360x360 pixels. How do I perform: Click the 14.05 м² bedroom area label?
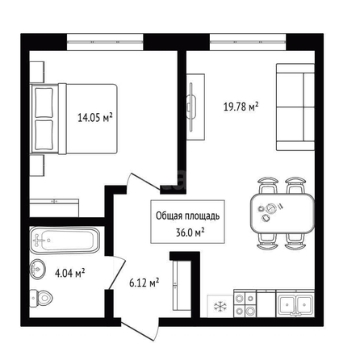click(95, 118)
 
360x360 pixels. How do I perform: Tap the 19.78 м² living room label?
click(241, 107)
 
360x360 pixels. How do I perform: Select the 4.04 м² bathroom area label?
click(70, 273)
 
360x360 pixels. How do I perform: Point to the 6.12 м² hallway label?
click(144, 283)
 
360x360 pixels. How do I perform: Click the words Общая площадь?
click(187, 216)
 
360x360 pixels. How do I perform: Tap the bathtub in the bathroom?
click(65, 241)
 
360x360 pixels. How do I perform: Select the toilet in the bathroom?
click(41, 298)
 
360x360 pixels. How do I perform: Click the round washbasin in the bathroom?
click(37, 270)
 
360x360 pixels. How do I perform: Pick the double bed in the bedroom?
click(74, 119)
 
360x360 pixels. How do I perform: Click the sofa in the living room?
click(295, 107)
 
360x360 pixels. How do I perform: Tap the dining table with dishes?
click(283, 213)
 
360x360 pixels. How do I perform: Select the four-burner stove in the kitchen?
click(245, 303)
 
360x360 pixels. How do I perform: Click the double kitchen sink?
click(295, 303)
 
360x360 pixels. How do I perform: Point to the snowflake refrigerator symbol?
click(220, 306)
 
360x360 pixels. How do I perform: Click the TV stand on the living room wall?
click(196, 107)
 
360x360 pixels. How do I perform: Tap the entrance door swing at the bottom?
click(140, 330)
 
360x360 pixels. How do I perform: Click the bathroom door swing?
click(116, 273)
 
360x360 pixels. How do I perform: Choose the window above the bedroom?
click(105, 42)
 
